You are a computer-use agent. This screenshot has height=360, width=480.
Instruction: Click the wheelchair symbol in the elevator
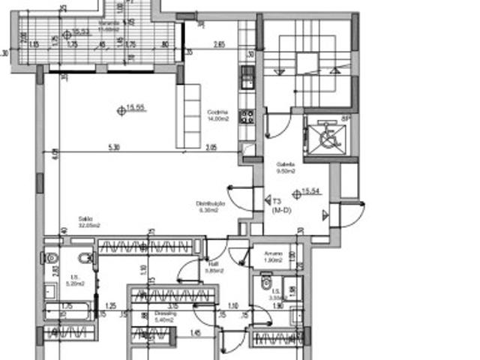326,137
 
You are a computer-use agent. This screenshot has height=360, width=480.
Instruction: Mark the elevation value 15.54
310,193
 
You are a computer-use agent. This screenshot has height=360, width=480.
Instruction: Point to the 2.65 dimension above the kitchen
219,45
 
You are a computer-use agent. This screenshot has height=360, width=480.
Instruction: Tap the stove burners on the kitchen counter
247,116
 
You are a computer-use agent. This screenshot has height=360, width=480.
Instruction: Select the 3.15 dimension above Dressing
172,306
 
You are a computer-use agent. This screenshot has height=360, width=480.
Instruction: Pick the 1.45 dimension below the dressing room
196,333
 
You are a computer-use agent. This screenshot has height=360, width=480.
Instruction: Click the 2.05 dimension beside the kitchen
211,148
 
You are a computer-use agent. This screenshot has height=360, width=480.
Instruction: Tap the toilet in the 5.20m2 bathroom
52,259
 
